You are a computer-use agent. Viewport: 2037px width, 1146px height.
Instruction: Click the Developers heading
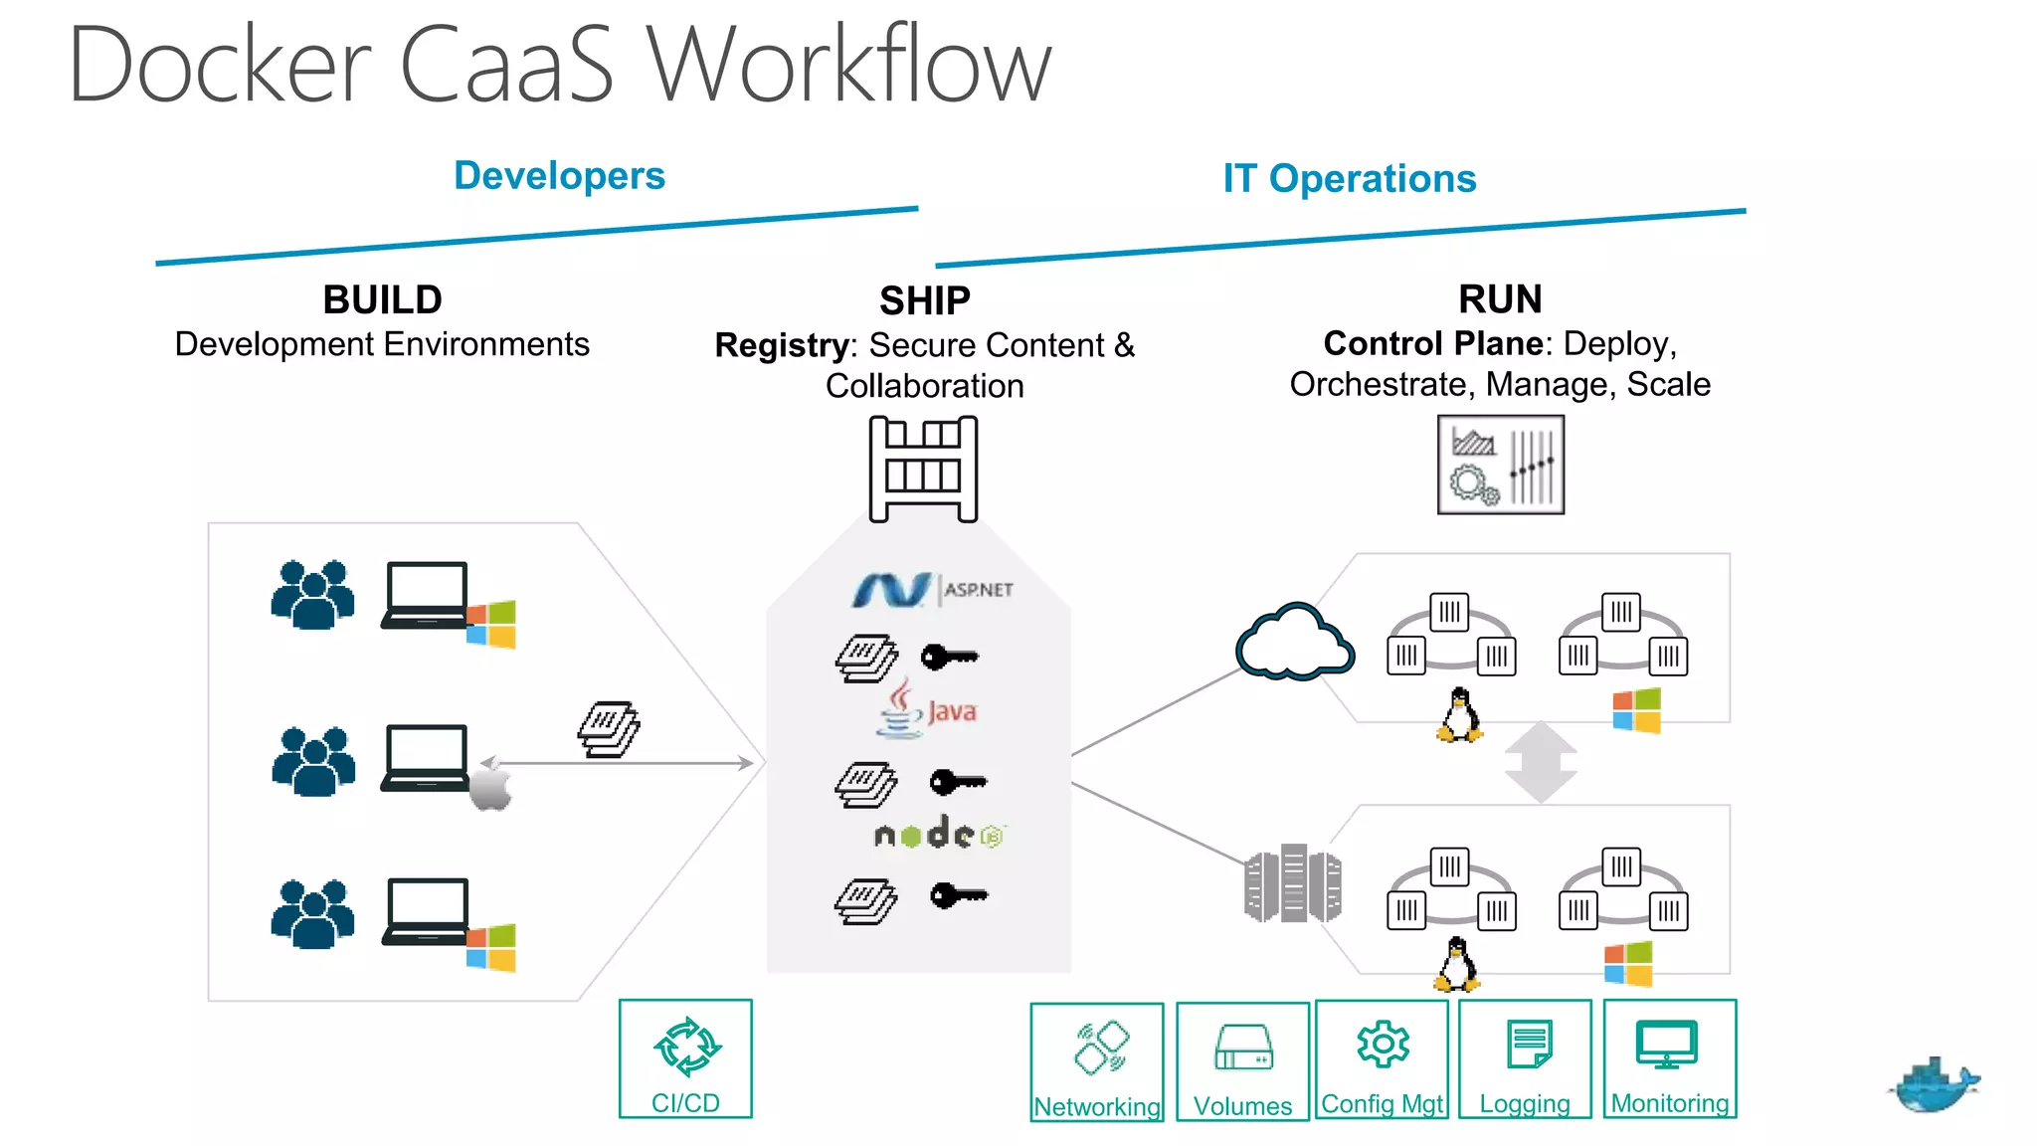(x=559, y=176)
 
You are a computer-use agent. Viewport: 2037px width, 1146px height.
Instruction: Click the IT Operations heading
(x=1349, y=179)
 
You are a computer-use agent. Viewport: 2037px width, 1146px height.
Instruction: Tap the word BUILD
(x=382, y=299)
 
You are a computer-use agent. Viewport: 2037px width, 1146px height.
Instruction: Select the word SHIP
(x=924, y=300)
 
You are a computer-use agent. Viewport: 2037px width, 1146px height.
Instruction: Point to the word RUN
(x=1500, y=298)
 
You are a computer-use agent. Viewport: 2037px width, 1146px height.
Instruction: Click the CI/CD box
(x=685, y=1058)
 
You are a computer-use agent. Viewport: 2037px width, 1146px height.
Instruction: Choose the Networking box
(x=1097, y=1061)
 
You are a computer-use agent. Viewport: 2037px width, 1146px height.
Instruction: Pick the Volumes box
(x=1242, y=1061)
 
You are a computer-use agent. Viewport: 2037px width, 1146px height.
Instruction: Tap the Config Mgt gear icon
(x=1383, y=1044)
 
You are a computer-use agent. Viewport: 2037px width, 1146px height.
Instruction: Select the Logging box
(x=1525, y=1059)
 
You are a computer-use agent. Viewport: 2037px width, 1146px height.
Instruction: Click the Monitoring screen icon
(x=1667, y=1044)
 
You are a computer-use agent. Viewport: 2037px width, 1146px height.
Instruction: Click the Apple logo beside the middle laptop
(x=490, y=786)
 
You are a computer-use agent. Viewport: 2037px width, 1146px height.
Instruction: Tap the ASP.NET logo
(x=932, y=590)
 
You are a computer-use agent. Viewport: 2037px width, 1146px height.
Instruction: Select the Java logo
(x=926, y=710)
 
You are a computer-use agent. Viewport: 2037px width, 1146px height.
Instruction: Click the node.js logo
(x=939, y=834)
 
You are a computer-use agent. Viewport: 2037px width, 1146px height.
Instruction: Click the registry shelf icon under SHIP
(x=923, y=469)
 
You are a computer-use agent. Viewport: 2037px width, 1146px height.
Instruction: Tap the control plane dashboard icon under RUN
(x=1500, y=465)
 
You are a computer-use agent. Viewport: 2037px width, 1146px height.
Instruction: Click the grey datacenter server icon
(x=1292, y=883)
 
